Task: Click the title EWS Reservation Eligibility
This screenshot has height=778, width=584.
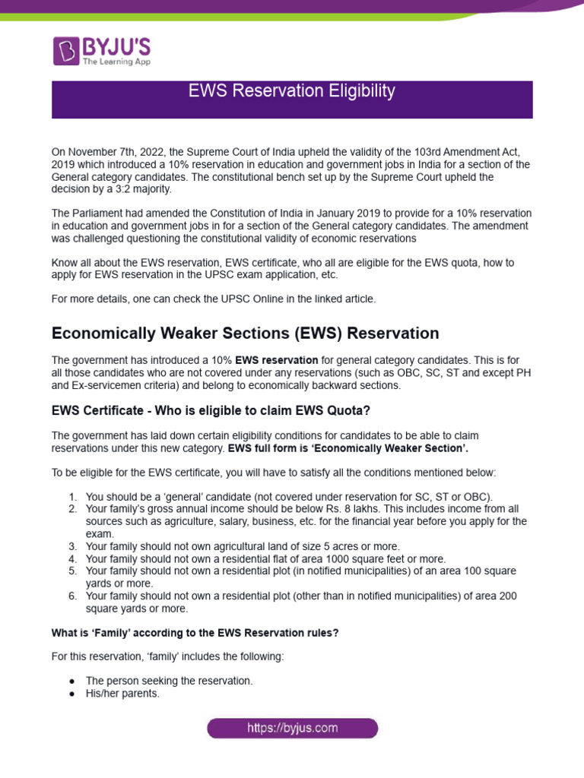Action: tap(292, 91)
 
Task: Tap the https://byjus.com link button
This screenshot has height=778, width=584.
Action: tap(292, 728)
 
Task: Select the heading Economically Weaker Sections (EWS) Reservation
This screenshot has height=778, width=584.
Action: tap(245, 334)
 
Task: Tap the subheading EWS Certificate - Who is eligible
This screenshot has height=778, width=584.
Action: tap(199, 410)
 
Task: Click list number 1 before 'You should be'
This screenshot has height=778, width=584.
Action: tap(72, 496)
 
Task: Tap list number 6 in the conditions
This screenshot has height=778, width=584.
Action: tap(72, 596)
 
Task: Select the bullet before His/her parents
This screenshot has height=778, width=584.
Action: tap(71, 694)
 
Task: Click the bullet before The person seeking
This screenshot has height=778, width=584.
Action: tap(71, 681)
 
